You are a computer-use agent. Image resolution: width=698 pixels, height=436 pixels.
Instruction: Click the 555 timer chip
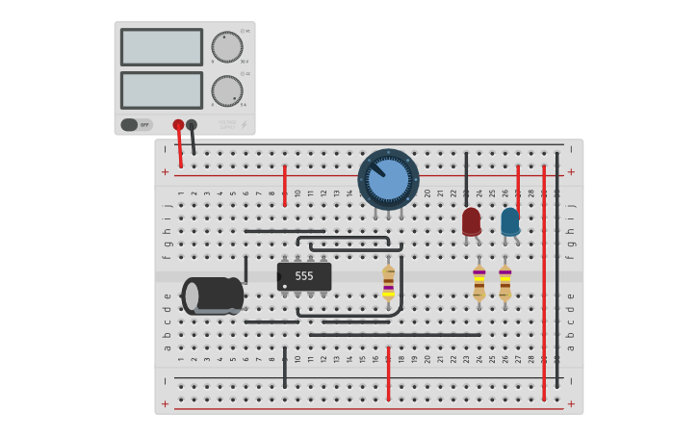pos(304,276)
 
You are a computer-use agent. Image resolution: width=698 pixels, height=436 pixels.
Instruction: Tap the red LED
pos(471,221)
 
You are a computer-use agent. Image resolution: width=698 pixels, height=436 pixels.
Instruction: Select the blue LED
pos(510,221)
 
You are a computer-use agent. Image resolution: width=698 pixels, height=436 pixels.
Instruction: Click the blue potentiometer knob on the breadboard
pos(389,179)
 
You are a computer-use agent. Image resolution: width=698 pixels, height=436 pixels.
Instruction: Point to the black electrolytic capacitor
pos(213,295)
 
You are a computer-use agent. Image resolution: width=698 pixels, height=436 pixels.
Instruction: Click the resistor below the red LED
pos(478,282)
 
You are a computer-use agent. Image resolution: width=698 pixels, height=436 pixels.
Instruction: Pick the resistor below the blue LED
pos(504,282)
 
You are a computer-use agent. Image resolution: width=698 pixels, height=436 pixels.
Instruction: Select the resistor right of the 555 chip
pos(388,282)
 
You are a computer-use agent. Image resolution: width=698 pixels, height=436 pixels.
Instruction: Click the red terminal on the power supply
pos(178,124)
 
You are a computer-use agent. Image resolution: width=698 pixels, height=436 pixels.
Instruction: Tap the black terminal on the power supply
pos(192,124)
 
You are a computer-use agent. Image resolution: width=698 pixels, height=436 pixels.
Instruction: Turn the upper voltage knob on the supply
pos(226,47)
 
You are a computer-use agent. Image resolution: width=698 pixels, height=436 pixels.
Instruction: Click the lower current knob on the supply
pos(226,90)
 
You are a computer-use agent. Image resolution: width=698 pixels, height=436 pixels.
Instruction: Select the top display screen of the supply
pos(161,47)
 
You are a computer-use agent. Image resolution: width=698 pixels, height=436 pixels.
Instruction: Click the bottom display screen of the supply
pos(161,90)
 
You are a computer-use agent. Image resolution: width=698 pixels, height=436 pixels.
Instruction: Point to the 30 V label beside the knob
pos(245,62)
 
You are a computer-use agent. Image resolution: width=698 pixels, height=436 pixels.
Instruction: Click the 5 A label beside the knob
pos(244,105)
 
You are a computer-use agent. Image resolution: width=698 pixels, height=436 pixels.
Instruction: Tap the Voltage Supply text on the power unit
pos(227,124)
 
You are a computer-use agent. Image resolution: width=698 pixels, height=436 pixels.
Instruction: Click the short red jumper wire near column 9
pos(284,179)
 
